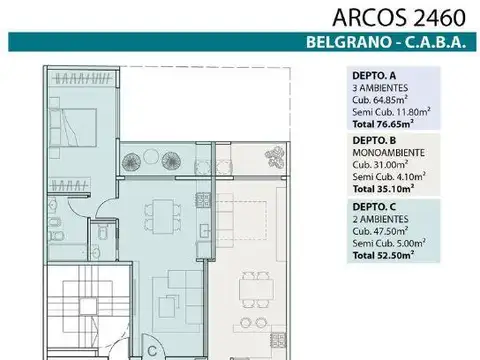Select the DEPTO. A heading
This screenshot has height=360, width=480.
[375, 74]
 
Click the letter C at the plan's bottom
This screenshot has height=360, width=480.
[151, 351]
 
